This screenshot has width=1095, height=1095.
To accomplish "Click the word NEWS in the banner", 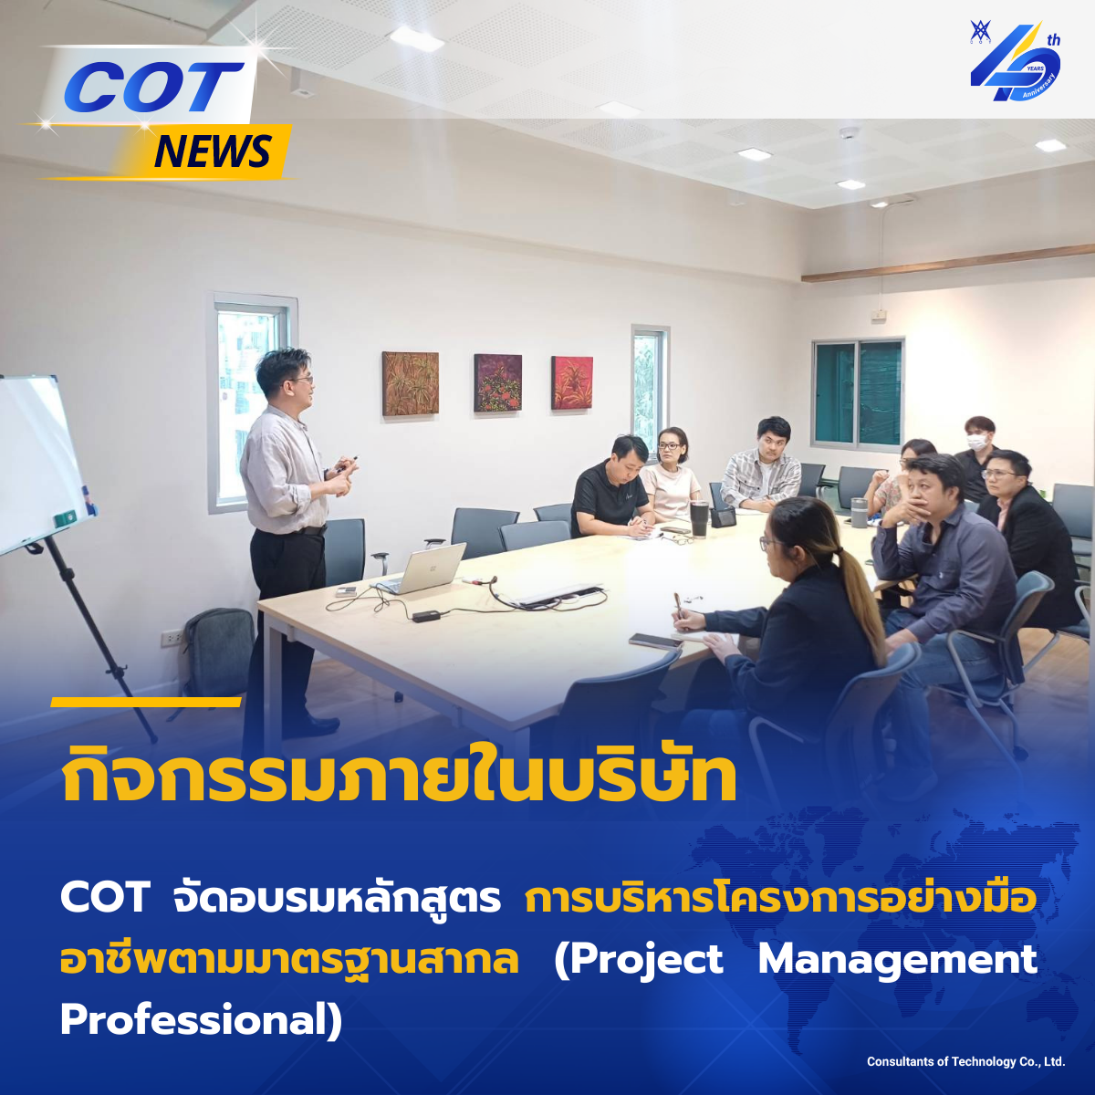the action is coord(213,151).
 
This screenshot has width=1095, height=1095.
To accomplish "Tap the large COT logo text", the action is coord(153,87).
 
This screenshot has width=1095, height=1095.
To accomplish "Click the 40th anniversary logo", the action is coord(1015,61).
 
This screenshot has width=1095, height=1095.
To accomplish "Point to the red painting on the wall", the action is coord(571,382).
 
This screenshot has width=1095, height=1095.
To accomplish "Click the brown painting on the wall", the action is coord(411,383).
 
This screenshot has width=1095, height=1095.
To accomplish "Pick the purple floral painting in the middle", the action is coord(498,382).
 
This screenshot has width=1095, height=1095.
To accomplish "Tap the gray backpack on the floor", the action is coord(218,652).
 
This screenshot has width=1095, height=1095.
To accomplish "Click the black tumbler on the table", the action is coord(699,518).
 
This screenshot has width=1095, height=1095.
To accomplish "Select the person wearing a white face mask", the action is coord(978,457).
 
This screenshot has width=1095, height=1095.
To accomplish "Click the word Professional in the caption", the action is coord(201,1020).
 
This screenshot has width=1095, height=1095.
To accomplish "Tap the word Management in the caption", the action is coord(898,960).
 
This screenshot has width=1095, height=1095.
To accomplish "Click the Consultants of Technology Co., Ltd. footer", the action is coord(966,1061).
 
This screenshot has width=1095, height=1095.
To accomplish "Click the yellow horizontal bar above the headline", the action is coord(146,703).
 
